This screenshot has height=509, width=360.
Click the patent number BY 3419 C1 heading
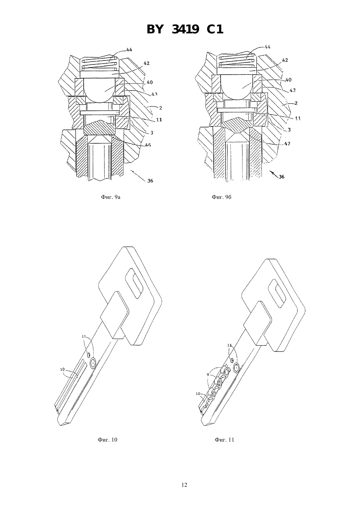[x=185, y=29]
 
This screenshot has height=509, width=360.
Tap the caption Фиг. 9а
[x=111, y=197]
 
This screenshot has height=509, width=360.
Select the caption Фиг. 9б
[x=221, y=197]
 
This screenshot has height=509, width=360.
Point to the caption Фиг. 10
[x=107, y=440]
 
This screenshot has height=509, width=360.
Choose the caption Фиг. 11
[x=224, y=440]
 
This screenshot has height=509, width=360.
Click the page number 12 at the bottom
[x=184, y=485]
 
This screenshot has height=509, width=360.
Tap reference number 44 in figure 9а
[x=129, y=50]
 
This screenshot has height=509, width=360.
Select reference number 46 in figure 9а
[x=148, y=145]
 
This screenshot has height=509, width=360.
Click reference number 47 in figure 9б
[x=287, y=144]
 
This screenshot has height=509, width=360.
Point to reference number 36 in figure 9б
[x=281, y=177]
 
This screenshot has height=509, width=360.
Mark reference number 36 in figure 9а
[x=150, y=181]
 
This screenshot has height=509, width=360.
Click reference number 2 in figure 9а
[x=160, y=108]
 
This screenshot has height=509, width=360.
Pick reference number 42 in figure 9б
[x=285, y=60]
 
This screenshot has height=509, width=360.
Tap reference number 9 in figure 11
[x=208, y=375]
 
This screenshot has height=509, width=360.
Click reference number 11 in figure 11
[x=229, y=345]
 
